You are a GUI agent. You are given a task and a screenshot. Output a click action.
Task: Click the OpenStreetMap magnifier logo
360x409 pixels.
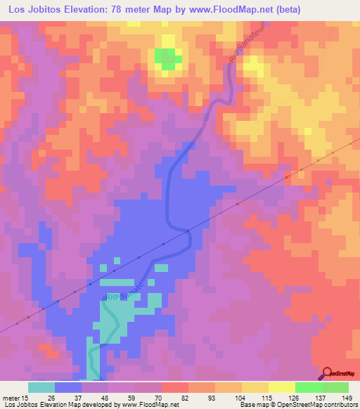pos(329,372)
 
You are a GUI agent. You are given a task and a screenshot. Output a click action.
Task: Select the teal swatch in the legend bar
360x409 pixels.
pos(41,387)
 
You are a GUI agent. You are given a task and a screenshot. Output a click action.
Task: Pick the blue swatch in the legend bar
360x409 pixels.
pos(68,387)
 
